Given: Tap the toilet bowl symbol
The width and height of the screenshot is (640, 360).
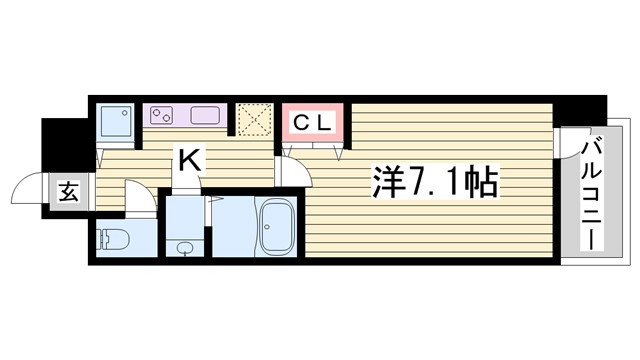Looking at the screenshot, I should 111,240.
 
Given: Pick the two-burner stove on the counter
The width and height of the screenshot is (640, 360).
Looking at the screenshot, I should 162,115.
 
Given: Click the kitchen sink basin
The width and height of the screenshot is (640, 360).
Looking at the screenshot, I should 206,115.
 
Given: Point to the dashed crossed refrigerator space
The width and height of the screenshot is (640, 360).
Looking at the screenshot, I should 254,119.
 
